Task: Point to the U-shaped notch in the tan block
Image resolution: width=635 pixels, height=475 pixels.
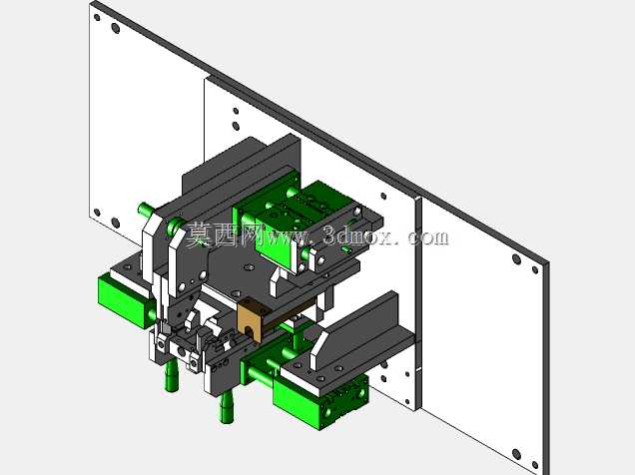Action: pyautogui.click(x=250, y=332)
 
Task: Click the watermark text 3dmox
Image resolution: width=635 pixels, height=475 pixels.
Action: pyautogui.click(x=358, y=236)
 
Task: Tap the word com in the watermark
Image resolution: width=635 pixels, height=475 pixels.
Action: pyautogui.click(x=428, y=237)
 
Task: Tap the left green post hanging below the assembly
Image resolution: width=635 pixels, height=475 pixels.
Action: pyautogui.click(x=172, y=376)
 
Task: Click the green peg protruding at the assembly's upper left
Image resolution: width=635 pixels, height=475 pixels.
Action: pyautogui.click(x=145, y=210)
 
